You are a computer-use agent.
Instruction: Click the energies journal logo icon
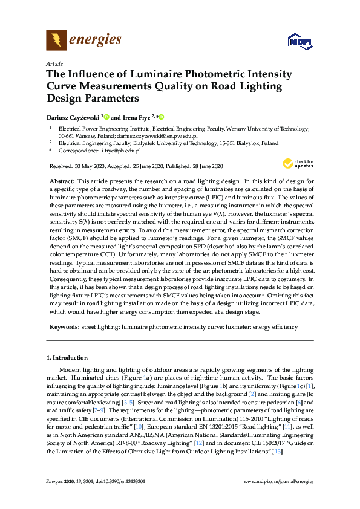tap(56, 41)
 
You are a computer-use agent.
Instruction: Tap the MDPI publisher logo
tap(299, 41)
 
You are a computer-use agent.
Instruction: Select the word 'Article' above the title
tap(54, 63)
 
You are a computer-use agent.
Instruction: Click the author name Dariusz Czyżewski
tap(73, 117)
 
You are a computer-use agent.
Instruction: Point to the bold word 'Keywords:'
tap(64, 326)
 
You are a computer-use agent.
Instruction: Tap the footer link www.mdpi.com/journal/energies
tap(278, 498)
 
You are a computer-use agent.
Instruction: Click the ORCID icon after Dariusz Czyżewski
tap(106, 117)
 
